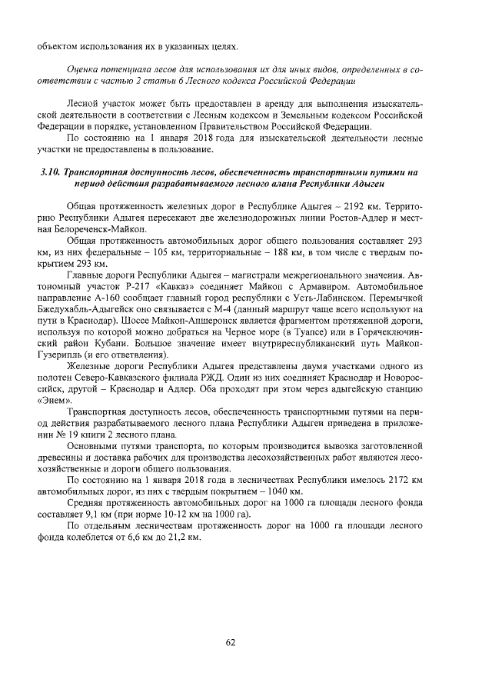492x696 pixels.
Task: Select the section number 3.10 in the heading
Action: (x=50, y=173)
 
